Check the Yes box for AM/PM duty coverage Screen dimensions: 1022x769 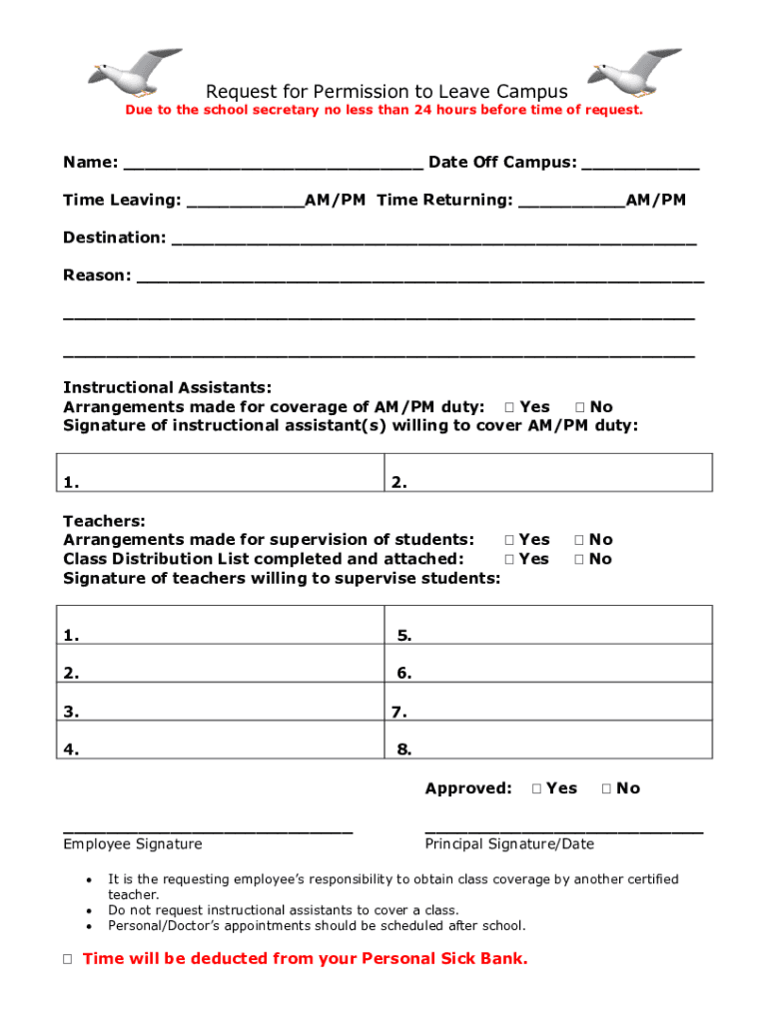[509, 407]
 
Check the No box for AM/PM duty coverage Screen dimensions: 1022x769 [579, 407]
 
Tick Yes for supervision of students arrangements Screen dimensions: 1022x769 [509, 540]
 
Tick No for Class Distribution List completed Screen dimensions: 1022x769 [579, 559]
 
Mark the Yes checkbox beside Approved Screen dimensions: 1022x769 [537, 788]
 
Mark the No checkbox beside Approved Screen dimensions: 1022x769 [606, 788]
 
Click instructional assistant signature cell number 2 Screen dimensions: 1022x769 [548, 472]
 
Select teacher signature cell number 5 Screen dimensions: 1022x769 [548, 625]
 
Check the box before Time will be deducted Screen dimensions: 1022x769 [67, 959]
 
